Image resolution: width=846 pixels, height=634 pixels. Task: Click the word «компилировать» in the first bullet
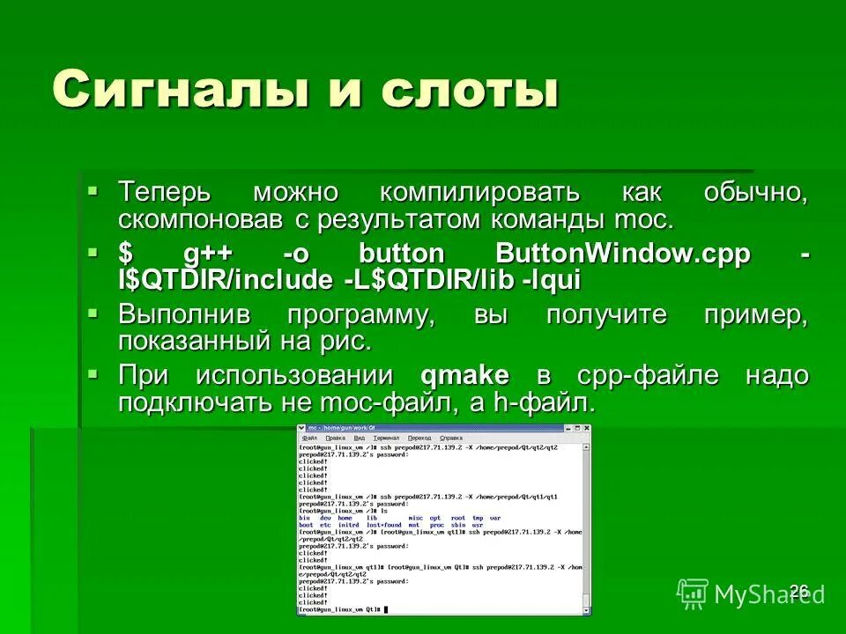pyautogui.click(x=480, y=192)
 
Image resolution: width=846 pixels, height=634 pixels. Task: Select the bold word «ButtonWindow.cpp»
pyautogui.click(x=623, y=254)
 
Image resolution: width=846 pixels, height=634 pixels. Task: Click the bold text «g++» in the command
pyautogui.click(x=207, y=254)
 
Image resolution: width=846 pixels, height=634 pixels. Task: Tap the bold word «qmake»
pyautogui.click(x=465, y=376)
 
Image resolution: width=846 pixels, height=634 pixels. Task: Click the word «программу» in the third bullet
pyautogui.click(x=361, y=315)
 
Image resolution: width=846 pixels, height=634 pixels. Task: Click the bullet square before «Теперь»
pyautogui.click(x=94, y=188)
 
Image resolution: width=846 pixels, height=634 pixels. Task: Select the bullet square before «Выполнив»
pyautogui.click(x=94, y=311)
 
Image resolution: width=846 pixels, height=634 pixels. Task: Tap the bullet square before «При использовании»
pyautogui.click(x=94, y=372)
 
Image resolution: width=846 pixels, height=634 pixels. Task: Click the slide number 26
pyautogui.click(x=799, y=590)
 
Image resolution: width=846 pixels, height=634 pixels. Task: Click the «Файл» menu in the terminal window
pyautogui.click(x=309, y=438)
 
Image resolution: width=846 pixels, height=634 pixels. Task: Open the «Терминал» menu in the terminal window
pyautogui.click(x=386, y=438)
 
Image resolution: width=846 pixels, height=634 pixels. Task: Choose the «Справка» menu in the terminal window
pyautogui.click(x=451, y=438)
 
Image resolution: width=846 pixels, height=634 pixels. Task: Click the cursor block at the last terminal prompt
pyautogui.click(x=385, y=609)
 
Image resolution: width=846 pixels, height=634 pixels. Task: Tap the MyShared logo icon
pyautogui.click(x=692, y=594)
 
